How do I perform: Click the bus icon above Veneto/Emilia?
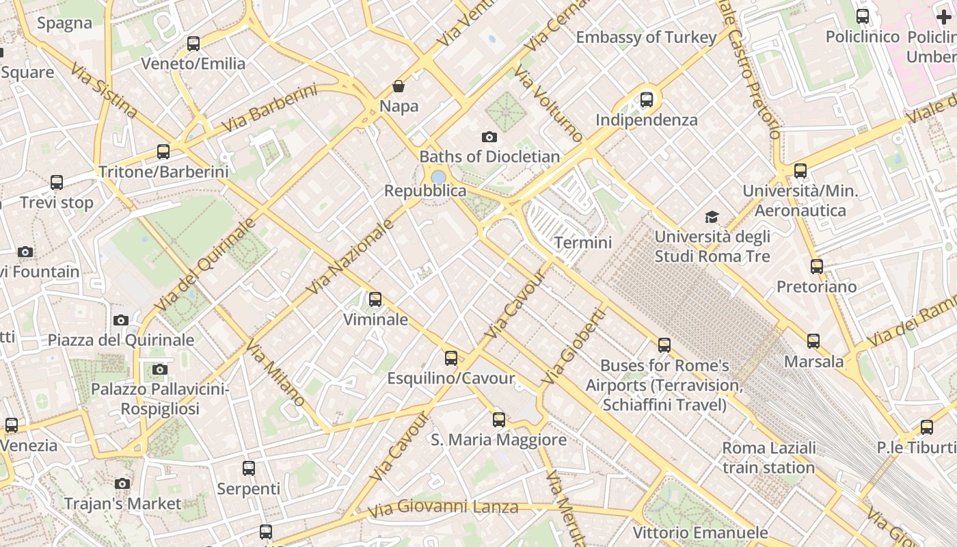tap(193, 44)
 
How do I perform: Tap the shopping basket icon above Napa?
tap(399, 86)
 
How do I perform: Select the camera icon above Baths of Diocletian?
tap(489, 137)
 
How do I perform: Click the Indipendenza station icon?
tap(647, 100)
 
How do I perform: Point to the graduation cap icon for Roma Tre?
tap(712, 217)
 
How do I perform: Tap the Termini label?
tap(583, 242)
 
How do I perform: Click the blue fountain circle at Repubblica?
tap(438, 177)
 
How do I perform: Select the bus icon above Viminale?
tap(375, 299)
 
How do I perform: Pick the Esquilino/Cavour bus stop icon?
tap(451, 358)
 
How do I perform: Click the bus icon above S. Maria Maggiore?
tap(499, 420)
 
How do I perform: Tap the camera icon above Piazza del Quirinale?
tap(121, 320)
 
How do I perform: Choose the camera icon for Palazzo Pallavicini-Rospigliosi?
tap(160, 369)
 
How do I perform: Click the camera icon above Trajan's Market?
tap(122, 483)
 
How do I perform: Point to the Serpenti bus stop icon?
tap(249, 468)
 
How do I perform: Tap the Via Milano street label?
tap(275, 372)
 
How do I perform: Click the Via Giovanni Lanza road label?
tap(443, 508)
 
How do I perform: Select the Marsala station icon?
tap(813, 341)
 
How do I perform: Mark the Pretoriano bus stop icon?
tap(817, 267)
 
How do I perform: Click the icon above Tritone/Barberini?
tap(163, 152)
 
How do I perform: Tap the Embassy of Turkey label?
tap(646, 37)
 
